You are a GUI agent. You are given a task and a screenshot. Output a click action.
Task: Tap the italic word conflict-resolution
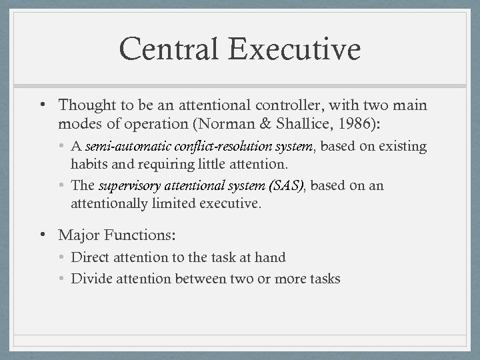coord(205,146)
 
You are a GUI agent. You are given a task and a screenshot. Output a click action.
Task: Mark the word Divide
coord(91,279)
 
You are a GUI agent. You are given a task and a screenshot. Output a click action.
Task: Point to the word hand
coord(271,257)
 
